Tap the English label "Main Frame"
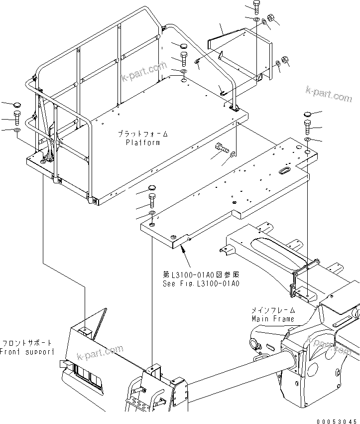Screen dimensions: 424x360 point(273,318)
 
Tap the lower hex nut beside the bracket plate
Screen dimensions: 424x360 point(286,60)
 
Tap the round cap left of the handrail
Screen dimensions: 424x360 point(16,106)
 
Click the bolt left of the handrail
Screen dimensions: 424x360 point(16,119)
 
